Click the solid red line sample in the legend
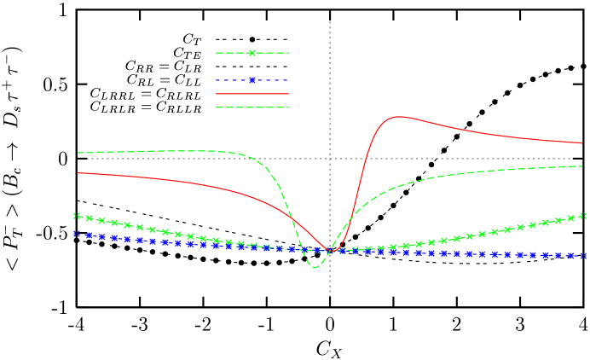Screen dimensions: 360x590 coord(252,94)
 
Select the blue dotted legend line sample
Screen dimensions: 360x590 coord(252,80)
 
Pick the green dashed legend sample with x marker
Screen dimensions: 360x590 coord(252,53)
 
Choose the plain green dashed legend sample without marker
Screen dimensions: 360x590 coord(252,107)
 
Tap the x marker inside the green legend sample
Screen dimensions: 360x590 coord(252,53)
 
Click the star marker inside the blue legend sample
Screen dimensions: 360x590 coord(252,80)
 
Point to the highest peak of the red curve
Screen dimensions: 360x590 coord(397,116)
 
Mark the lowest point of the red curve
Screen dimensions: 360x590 coord(331,252)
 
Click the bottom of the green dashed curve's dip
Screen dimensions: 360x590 coord(315,267)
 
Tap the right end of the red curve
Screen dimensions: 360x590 coord(582,143)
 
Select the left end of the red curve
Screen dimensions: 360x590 coord(78,172)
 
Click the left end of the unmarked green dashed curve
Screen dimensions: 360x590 coord(78,153)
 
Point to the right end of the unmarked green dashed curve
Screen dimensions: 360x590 coord(582,166)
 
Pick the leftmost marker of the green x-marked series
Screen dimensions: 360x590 coord(77,216)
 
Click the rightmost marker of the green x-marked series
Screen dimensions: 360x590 coord(582,216)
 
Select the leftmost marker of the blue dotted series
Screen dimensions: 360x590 coord(77,233)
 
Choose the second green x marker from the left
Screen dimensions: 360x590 coord(90,218)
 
